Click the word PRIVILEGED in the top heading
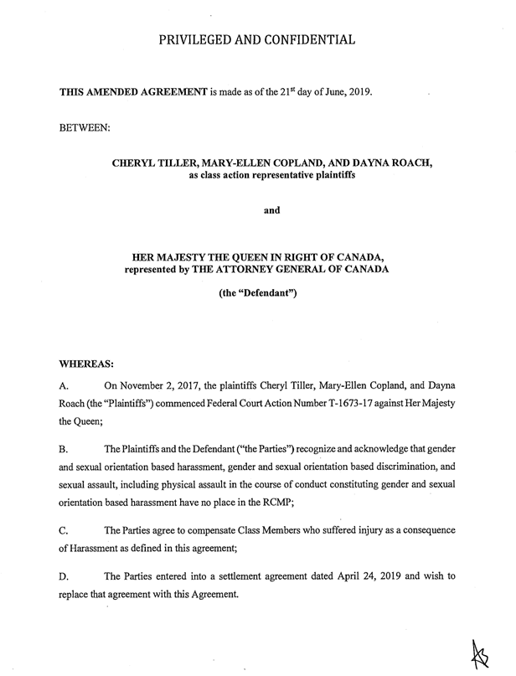(200, 39)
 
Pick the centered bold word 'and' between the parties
(271, 211)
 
